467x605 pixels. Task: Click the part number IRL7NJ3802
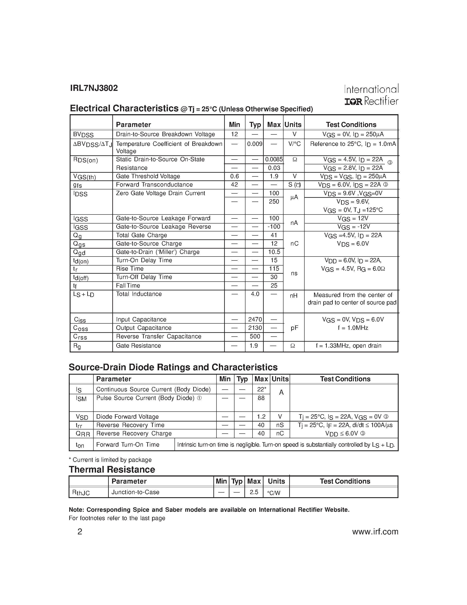[x=94, y=88]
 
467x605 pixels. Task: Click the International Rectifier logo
[x=371, y=95]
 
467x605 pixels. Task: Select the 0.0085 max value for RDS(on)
[x=274, y=159]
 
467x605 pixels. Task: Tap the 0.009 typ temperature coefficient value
[x=254, y=144]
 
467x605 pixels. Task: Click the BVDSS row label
[x=83, y=135]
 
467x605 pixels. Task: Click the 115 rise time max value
[x=274, y=269]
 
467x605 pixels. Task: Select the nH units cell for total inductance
[x=294, y=296]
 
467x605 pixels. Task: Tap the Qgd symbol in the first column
[x=79, y=252]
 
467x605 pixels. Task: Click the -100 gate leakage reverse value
[x=274, y=227]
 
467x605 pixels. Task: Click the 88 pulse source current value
[x=261, y=398]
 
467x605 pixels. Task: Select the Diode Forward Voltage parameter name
[x=127, y=417]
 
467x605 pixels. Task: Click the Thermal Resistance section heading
[x=112, y=469]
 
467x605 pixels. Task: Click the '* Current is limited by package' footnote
[x=110, y=460]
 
